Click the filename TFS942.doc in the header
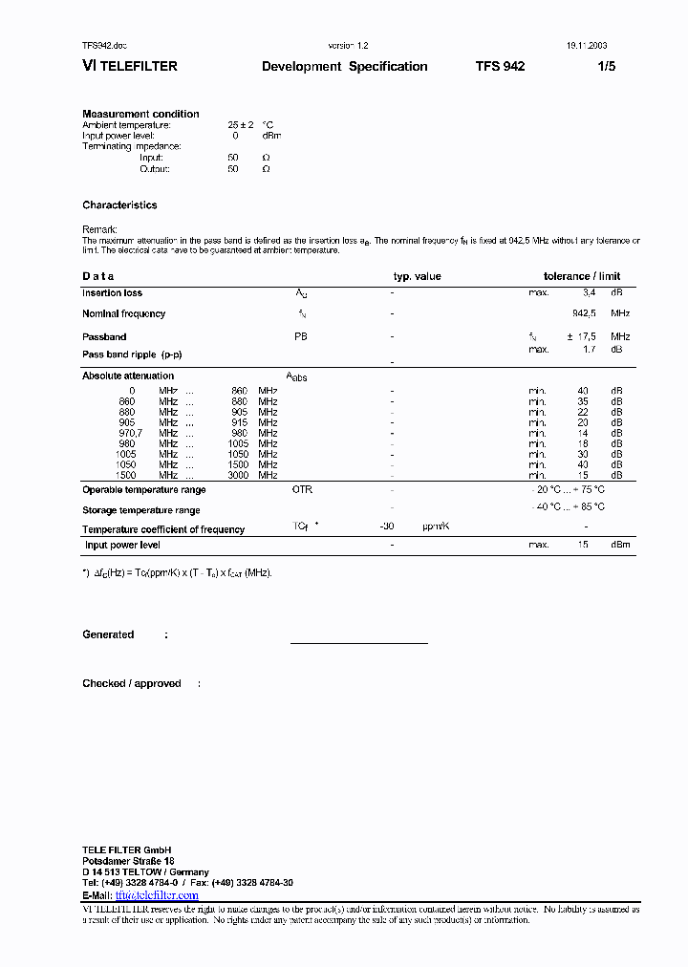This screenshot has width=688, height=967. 104,45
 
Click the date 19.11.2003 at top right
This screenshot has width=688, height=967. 580,45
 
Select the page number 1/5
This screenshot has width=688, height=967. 607,67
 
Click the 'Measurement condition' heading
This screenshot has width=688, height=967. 140,114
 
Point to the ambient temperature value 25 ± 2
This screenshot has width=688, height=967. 239,125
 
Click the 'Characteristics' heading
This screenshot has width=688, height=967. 119,205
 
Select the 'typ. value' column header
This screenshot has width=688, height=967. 417,276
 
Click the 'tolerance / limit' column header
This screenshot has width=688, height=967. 582,276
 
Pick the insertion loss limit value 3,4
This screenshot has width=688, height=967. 589,292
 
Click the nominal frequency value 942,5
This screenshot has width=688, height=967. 584,313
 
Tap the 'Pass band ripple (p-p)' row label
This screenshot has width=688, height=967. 132,355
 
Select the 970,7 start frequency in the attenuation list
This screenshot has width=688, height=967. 128,433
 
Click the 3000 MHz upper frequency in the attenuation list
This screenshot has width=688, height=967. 239,475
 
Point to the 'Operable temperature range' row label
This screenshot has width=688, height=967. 143,490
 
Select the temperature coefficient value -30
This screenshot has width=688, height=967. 387,526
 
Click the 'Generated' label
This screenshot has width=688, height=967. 108,634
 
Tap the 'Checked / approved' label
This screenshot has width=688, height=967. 131,684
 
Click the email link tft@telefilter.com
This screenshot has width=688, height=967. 157,895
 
